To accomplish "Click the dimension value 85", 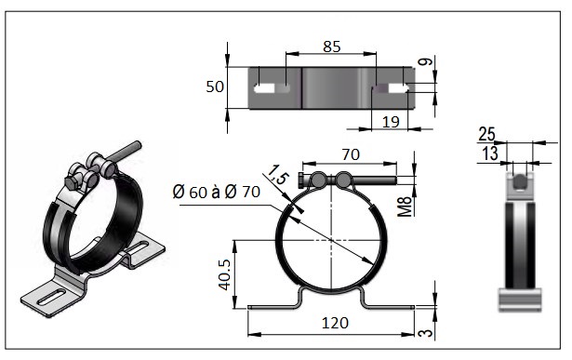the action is (x=332, y=47).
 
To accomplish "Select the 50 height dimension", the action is (x=215, y=87).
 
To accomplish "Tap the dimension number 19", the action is (x=391, y=122).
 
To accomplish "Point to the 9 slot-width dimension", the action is (x=425, y=61).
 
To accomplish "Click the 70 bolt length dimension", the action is (x=351, y=154).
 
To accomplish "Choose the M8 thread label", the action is (x=405, y=207).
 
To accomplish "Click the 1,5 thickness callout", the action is (x=279, y=175).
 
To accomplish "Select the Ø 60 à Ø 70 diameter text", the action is (x=217, y=192).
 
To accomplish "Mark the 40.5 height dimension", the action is (x=225, y=274).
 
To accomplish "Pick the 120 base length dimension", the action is (x=335, y=323).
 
